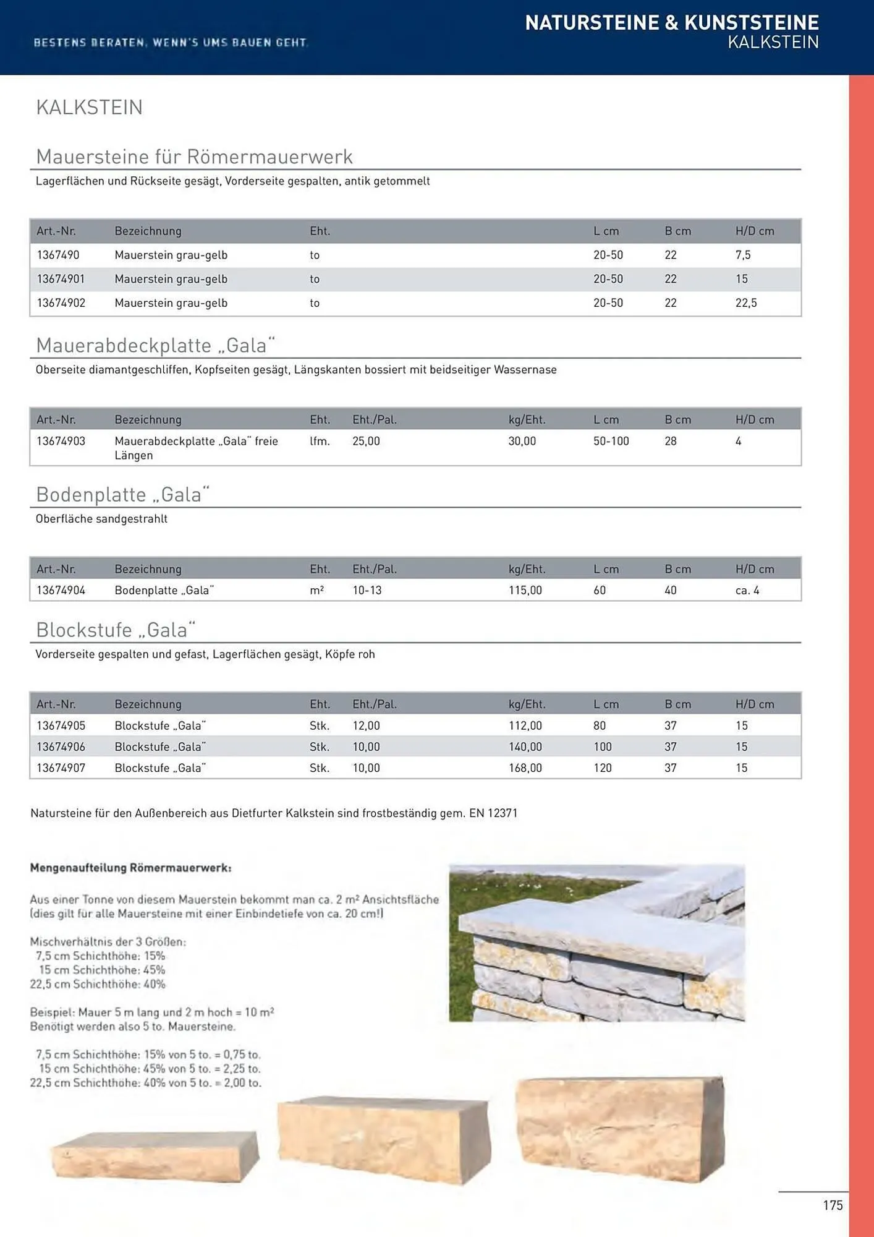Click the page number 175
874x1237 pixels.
(832, 1205)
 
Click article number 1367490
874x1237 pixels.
(58, 255)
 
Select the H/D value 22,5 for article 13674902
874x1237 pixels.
(745, 303)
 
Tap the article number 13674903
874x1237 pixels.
(61, 441)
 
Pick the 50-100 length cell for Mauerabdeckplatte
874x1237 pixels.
(611, 441)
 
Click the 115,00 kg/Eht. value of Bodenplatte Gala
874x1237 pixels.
(525, 590)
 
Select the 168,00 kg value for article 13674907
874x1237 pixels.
(525, 768)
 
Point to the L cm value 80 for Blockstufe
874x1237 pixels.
(599, 726)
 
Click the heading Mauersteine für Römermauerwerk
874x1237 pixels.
(194, 156)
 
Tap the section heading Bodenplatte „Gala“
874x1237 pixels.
(123, 494)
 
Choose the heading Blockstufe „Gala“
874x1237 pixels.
(116, 630)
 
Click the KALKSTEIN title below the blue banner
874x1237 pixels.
(89, 107)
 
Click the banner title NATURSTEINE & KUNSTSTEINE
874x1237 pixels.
(671, 23)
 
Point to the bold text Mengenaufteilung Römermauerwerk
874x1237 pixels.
(130, 868)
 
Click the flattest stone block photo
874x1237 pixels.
(155, 1155)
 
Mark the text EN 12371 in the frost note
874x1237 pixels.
(493, 813)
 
